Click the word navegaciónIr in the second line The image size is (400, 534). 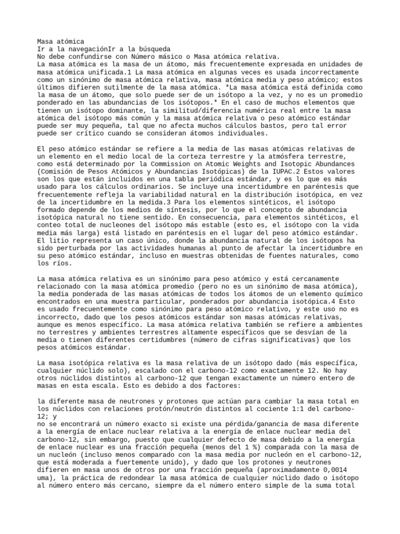coord(91,48)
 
